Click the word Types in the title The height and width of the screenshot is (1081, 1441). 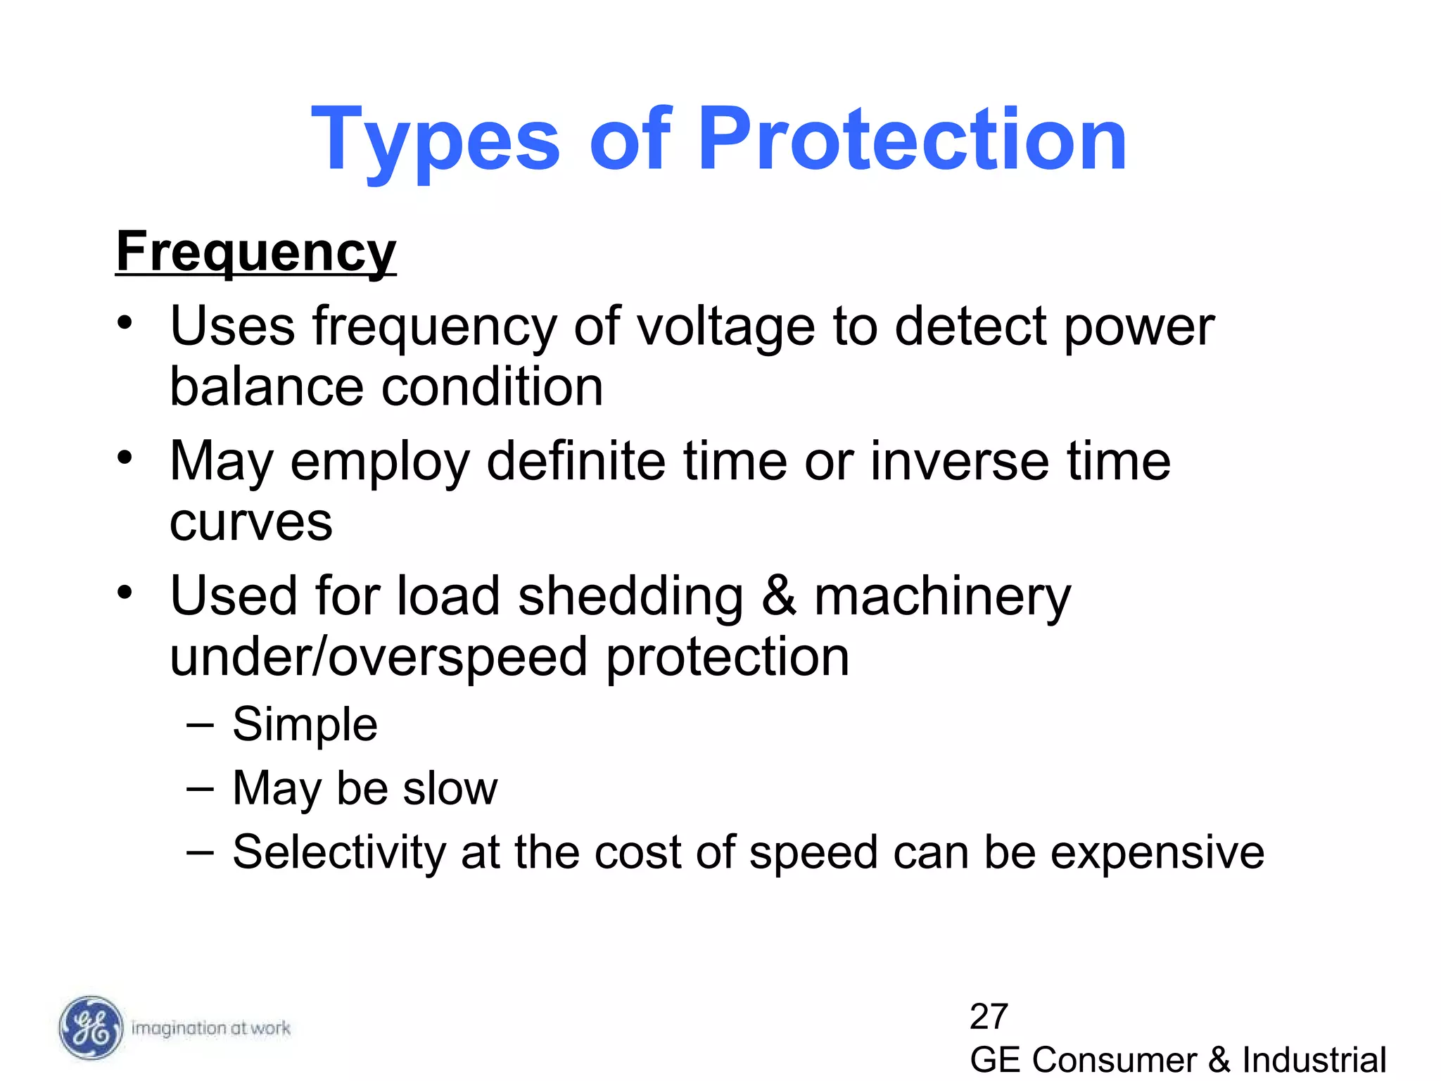pyautogui.click(x=436, y=141)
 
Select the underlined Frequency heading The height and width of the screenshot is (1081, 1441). pyautogui.click(x=256, y=252)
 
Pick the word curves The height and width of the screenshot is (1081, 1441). pyautogui.click(x=250, y=523)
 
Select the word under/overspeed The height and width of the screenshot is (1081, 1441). pyautogui.click(x=379, y=658)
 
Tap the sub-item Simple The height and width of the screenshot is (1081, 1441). pyautogui.click(x=305, y=724)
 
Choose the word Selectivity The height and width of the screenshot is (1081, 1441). pyautogui.click(x=339, y=852)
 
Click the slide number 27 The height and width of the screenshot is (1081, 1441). pyautogui.click(x=989, y=1016)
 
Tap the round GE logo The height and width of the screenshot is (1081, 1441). pyautogui.click(x=90, y=1028)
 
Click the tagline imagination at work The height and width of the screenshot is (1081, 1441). pyautogui.click(x=210, y=1028)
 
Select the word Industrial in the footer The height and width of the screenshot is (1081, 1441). pyautogui.click(x=1314, y=1060)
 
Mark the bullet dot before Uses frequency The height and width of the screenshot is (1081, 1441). pyautogui.click(x=125, y=324)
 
